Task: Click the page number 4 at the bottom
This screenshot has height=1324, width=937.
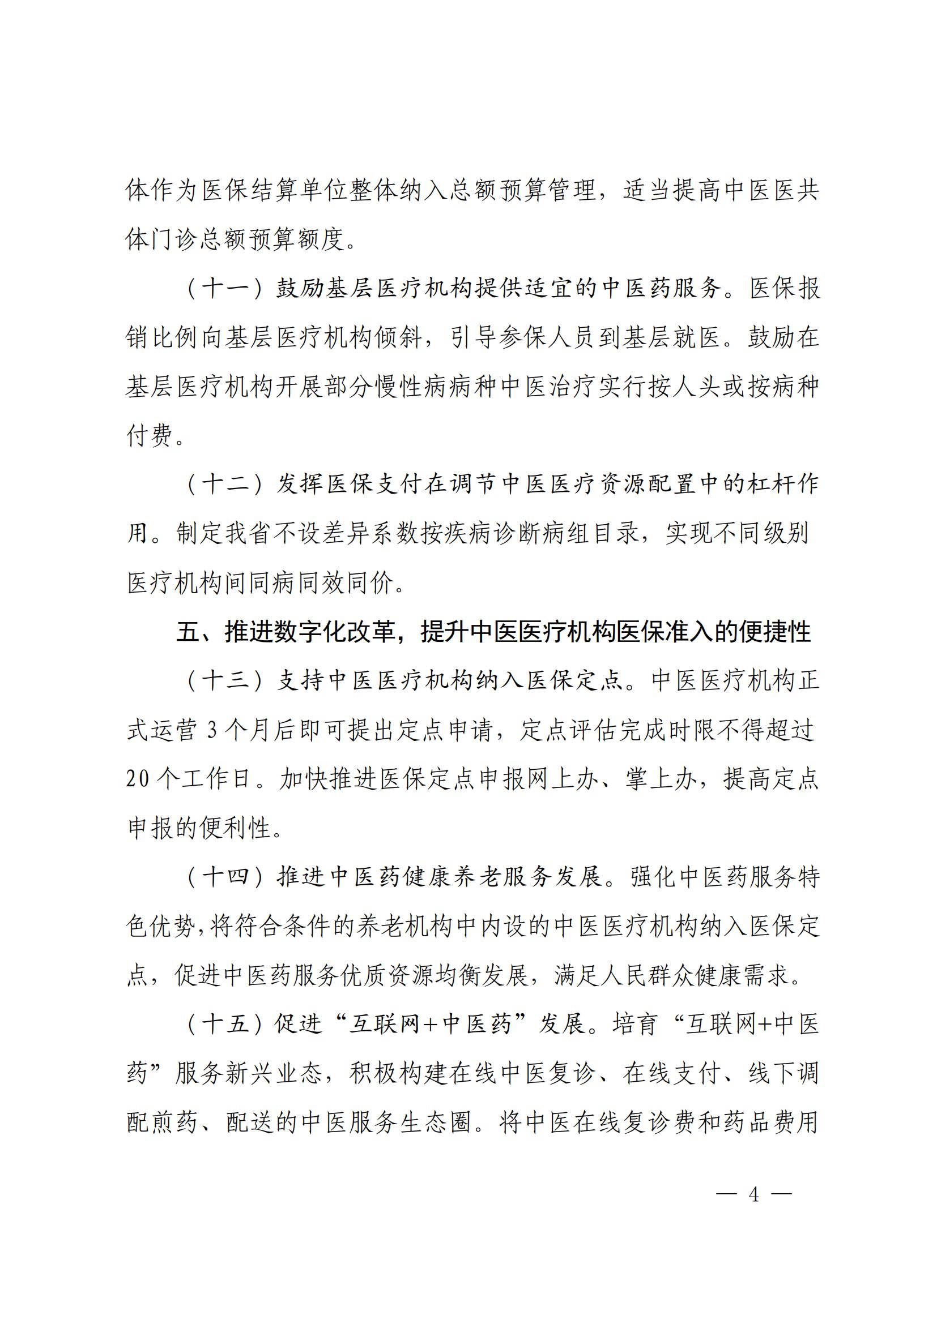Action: (753, 1194)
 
